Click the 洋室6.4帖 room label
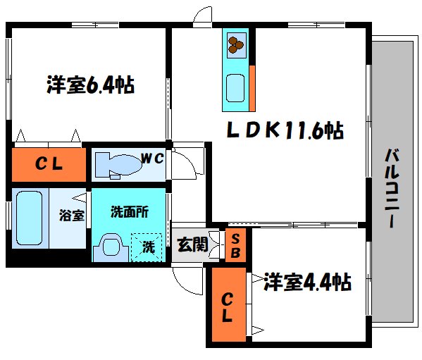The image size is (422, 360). (90, 86)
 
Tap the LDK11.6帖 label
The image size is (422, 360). (284, 130)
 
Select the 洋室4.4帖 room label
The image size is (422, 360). (308, 283)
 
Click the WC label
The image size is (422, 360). (153, 159)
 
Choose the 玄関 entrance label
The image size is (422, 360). (191, 245)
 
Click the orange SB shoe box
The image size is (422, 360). (235, 245)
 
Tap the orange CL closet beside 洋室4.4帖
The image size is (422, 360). (227, 306)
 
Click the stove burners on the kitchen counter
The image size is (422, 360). (235, 46)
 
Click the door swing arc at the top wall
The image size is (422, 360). (202, 17)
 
